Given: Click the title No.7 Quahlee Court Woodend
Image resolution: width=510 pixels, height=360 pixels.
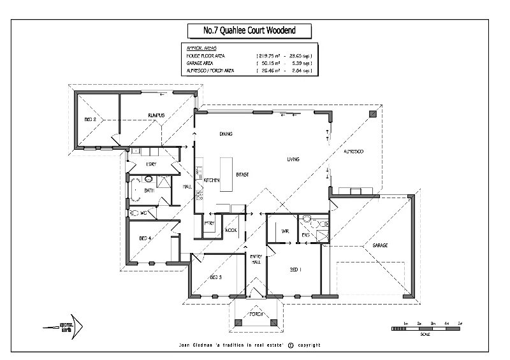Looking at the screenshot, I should pyautogui.click(x=249, y=30).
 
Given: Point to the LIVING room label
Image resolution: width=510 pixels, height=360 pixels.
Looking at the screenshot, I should pyautogui.click(x=293, y=159).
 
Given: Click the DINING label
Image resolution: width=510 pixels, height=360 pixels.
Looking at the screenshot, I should pyautogui.click(x=225, y=134).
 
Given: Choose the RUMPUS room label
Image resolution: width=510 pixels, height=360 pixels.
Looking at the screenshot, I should pyautogui.click(x=157, y=115).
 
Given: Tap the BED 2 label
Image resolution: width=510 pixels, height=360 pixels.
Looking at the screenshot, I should pyautogui.click(x=90, y=119).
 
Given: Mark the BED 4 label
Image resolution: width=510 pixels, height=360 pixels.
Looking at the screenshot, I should pyautogui.click(x=145, y=238).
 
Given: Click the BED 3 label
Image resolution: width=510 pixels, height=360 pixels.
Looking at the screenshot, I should pyautogui.click(x=215, y=277).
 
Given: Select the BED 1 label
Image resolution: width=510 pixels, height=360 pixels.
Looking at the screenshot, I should pyautogui.click(x=295, y=270).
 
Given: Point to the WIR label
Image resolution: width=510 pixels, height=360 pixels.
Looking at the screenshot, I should pyautogui.click(x=285, y=232).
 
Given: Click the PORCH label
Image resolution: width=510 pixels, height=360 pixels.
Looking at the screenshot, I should pyautogui.click(x=256, y=314).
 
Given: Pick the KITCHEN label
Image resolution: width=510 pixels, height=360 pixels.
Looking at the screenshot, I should pyautogui.click(x=212, y=180).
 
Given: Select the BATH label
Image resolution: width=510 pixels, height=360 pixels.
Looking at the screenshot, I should pyautogui.click(x=149, y=191).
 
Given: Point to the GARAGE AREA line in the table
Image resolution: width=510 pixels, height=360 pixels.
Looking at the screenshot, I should pyautogui.click(x=249, y=64).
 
